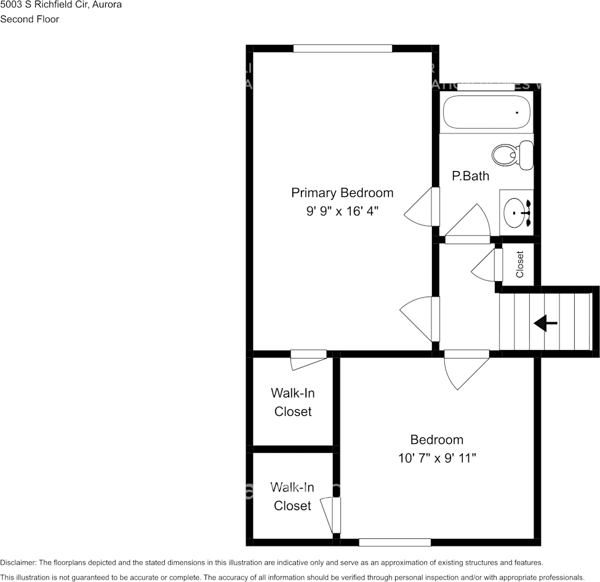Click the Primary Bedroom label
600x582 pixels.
(342, 193)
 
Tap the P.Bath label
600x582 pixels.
(470, 176)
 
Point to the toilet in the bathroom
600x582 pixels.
(513, 154)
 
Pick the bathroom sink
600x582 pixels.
(516, 212)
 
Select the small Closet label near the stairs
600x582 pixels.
(520, 264)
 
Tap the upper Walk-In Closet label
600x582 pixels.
(293, 402)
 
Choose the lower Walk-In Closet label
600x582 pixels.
(293, 496)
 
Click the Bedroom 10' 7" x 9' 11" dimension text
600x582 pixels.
(437, 458)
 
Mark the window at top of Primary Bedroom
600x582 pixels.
(342, 49)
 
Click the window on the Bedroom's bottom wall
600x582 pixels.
(394, 542)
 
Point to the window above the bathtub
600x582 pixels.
(486, 87)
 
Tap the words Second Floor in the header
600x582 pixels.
(30, 19)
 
